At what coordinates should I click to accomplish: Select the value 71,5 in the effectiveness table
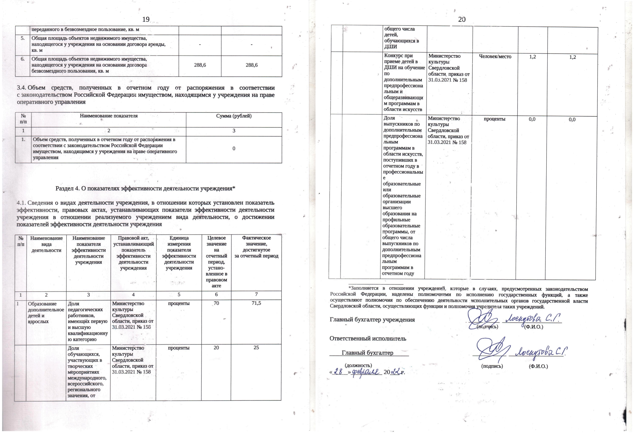tap(256, 303)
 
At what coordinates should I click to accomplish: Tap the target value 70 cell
tap(216, 303)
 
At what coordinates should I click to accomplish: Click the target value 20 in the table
tap(216, 348)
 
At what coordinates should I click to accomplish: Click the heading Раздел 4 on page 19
tap(145, 189)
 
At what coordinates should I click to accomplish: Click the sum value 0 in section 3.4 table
tap(234, 148)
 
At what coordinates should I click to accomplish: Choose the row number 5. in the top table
tap(23, 38)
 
